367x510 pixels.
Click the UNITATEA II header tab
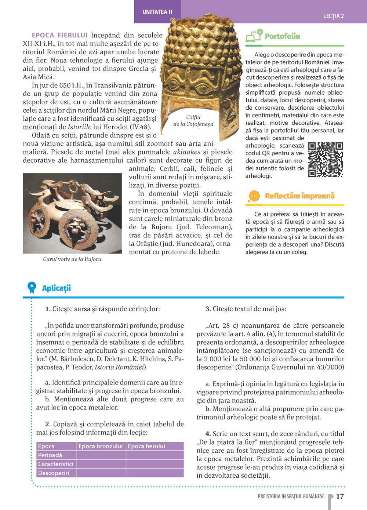[x=157, y=12]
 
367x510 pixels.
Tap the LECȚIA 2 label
[x=333, y=16]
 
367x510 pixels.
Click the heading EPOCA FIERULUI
[x=59, y=35]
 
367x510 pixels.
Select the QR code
[x=326, y=160]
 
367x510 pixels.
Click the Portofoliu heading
[x=282, y=36]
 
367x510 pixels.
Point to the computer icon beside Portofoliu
[x=254, y=36]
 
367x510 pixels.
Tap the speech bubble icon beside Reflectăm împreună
[x=254, y=196]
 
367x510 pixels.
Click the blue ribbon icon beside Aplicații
[x=32, y=287]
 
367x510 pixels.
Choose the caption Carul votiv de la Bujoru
[x=72, y=259]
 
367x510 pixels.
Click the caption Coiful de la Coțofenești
[x=193, y=120]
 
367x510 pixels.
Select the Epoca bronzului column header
[x=101, y=446]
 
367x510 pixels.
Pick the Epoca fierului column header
[x=146, y=446]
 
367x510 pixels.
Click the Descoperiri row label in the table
[x=54, y=473]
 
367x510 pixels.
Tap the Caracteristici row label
[x=56, y=464]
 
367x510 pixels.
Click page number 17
[x=340, y=496]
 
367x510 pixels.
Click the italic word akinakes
[x=186, y=152]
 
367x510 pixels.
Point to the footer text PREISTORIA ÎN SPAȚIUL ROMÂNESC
[x=291, y=496]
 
